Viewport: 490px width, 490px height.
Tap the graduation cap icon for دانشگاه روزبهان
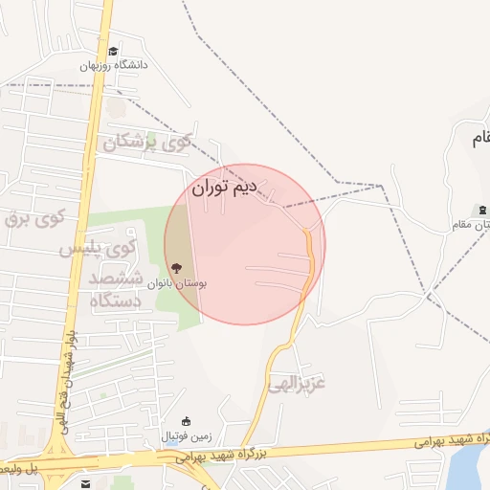(113, 52)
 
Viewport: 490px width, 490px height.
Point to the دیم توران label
(225, 188)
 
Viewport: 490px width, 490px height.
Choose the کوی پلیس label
(99, 249)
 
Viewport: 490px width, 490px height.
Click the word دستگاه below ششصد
(116, 301)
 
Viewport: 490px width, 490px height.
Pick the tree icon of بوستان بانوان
(175, 269)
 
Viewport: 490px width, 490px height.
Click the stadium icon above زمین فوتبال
(187, 421)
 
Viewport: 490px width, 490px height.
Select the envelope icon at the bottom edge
(88, 483)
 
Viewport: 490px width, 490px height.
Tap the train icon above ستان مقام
(481, 210)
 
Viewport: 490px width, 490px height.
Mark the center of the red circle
(245, 244)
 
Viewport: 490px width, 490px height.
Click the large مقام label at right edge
(479, 140)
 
